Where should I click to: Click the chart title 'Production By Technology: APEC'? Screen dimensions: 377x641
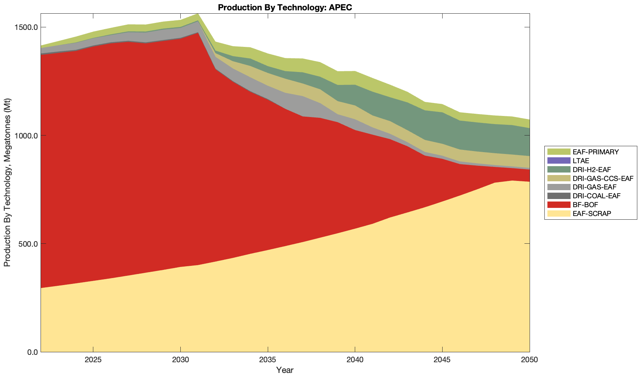(285, 7)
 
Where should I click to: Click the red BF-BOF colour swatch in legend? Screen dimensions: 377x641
(559, 205)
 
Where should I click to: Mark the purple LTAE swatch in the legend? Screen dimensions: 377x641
(559, 161)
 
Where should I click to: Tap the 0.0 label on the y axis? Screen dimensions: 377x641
(32, 352)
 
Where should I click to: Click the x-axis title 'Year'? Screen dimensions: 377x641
(285, 370)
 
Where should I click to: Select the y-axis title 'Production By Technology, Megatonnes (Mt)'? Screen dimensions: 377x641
(7, 182)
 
